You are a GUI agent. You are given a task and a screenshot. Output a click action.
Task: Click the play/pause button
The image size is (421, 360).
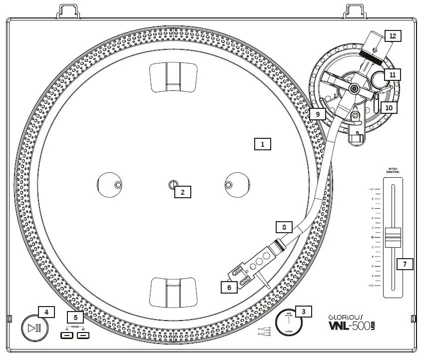(x=34, y=328)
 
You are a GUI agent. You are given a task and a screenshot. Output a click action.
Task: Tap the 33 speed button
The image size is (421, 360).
(x=67, y=335)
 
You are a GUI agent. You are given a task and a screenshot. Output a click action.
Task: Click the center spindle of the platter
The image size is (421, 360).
(x=172, y=185)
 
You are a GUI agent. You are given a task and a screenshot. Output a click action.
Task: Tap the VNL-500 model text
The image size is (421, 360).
(x=349, y=326)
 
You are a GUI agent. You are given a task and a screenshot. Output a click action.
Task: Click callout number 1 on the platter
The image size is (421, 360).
(x=262, y=144)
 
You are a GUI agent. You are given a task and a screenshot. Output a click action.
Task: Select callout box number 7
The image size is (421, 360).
(x=405, y=263)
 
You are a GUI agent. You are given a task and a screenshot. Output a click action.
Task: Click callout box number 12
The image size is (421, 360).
(x=393, y=36)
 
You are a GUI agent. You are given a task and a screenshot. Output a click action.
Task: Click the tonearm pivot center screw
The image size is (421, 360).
(x=354, y=89)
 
